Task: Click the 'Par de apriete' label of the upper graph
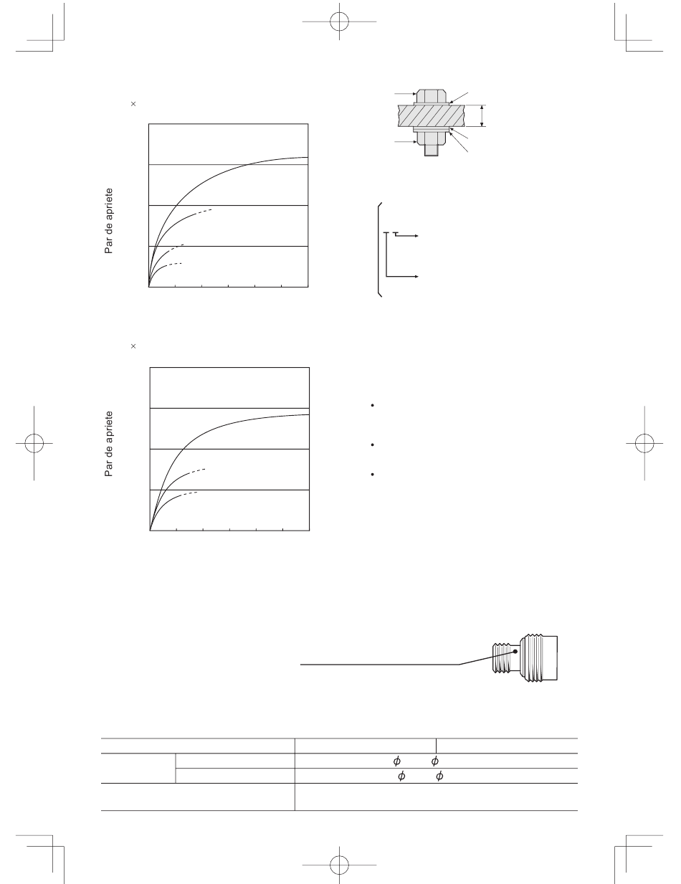pos(108,221)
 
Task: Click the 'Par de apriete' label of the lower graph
pos(108,444)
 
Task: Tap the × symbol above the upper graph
pos(133,104)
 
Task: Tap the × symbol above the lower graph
pos(133,346)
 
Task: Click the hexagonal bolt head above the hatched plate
pos(432,96)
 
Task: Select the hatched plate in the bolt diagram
pos(432,116)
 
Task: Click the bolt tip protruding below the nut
pos(432,150)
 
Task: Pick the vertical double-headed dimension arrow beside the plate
pos(482,116)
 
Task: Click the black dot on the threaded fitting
pos(515,651)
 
